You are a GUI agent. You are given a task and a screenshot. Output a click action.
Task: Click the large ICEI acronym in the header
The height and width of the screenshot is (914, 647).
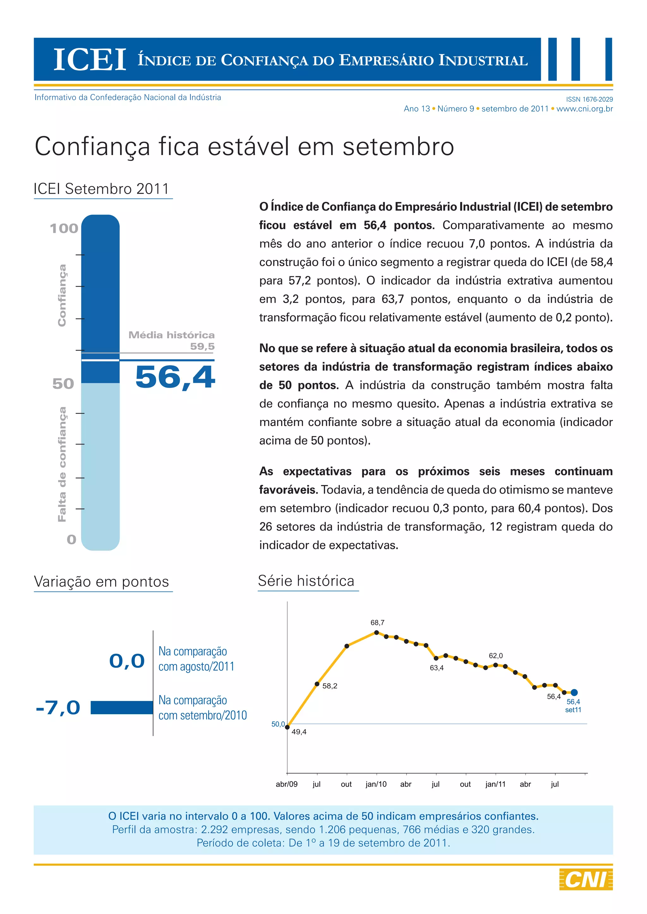tap(90, 60)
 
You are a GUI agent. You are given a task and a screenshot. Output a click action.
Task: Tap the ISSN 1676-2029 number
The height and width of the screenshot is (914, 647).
tap(589, 99)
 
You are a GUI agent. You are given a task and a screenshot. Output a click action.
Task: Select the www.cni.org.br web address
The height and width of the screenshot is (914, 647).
tap(584, 109)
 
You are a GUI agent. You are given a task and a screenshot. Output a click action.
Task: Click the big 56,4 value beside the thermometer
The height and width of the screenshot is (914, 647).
tap(175, 377)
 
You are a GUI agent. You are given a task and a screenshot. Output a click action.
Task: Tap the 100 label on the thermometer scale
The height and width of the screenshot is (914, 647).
tap(64, 228)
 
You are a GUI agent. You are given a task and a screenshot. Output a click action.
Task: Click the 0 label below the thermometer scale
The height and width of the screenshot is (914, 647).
tap(71, 539)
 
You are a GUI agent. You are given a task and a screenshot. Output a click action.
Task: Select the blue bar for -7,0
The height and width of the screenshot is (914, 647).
tap(122, 707)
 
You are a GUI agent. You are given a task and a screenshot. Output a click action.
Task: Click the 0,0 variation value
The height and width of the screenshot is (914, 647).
tap(127, 661)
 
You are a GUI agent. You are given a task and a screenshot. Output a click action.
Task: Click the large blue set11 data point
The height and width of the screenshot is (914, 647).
tap(574, 693)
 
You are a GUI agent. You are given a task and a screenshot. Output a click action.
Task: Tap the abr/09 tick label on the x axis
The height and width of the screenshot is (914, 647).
tap(287, 784)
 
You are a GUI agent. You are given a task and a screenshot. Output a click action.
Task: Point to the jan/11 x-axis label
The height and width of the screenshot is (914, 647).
tap(495, 784)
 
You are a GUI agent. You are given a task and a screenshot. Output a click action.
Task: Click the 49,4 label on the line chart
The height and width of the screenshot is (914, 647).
tap(299, 732)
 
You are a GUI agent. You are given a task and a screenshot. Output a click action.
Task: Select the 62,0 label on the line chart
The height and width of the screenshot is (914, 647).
tap(496, 656)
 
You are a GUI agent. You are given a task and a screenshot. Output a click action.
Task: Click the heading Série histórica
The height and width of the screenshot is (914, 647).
tap(306, 581)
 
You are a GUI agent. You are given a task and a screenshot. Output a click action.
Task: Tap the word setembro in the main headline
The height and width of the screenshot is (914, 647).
tap(398, 146)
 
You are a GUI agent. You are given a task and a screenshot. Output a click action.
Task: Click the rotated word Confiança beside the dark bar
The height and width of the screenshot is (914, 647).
tap(62, 295)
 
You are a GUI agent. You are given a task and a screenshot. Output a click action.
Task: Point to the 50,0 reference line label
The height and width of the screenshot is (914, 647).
tap(278, 724)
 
